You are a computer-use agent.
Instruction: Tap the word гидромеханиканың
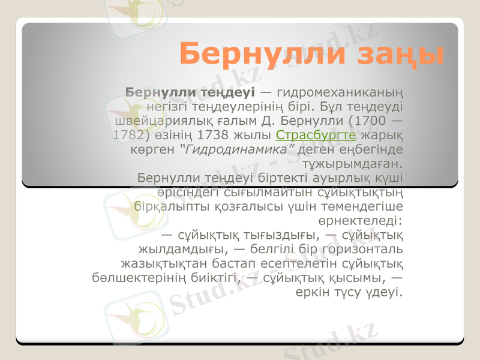(x=340, y=93)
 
